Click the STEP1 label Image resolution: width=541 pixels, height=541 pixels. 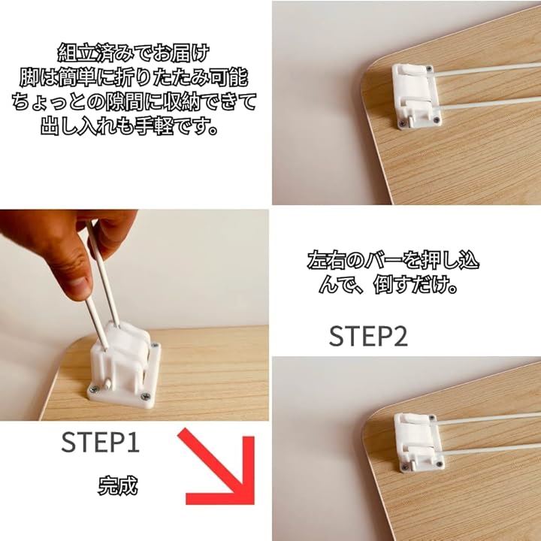(x=100, y=442)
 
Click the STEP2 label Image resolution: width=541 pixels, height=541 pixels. (x=368, y=336)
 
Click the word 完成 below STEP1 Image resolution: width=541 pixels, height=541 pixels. (x=117, y=486)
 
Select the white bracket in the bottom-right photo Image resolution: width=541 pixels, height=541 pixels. (x=419, y=442)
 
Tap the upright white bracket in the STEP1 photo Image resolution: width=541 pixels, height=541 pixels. (x=124, y=366)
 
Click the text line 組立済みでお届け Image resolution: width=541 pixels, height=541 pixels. (x=134, y=53)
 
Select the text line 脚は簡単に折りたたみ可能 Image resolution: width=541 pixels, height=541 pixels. (x=134, y=77)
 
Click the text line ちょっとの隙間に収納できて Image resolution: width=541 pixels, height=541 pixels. (x=134, y=102)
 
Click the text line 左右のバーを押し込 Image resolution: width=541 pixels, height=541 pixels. (x=393, y=260)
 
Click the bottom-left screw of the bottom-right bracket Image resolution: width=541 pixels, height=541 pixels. (x=405, y=467)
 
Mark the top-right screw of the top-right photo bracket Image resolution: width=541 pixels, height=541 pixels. (x=429, y=68)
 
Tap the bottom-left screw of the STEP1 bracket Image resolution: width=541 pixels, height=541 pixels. (x=93, y=389)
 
